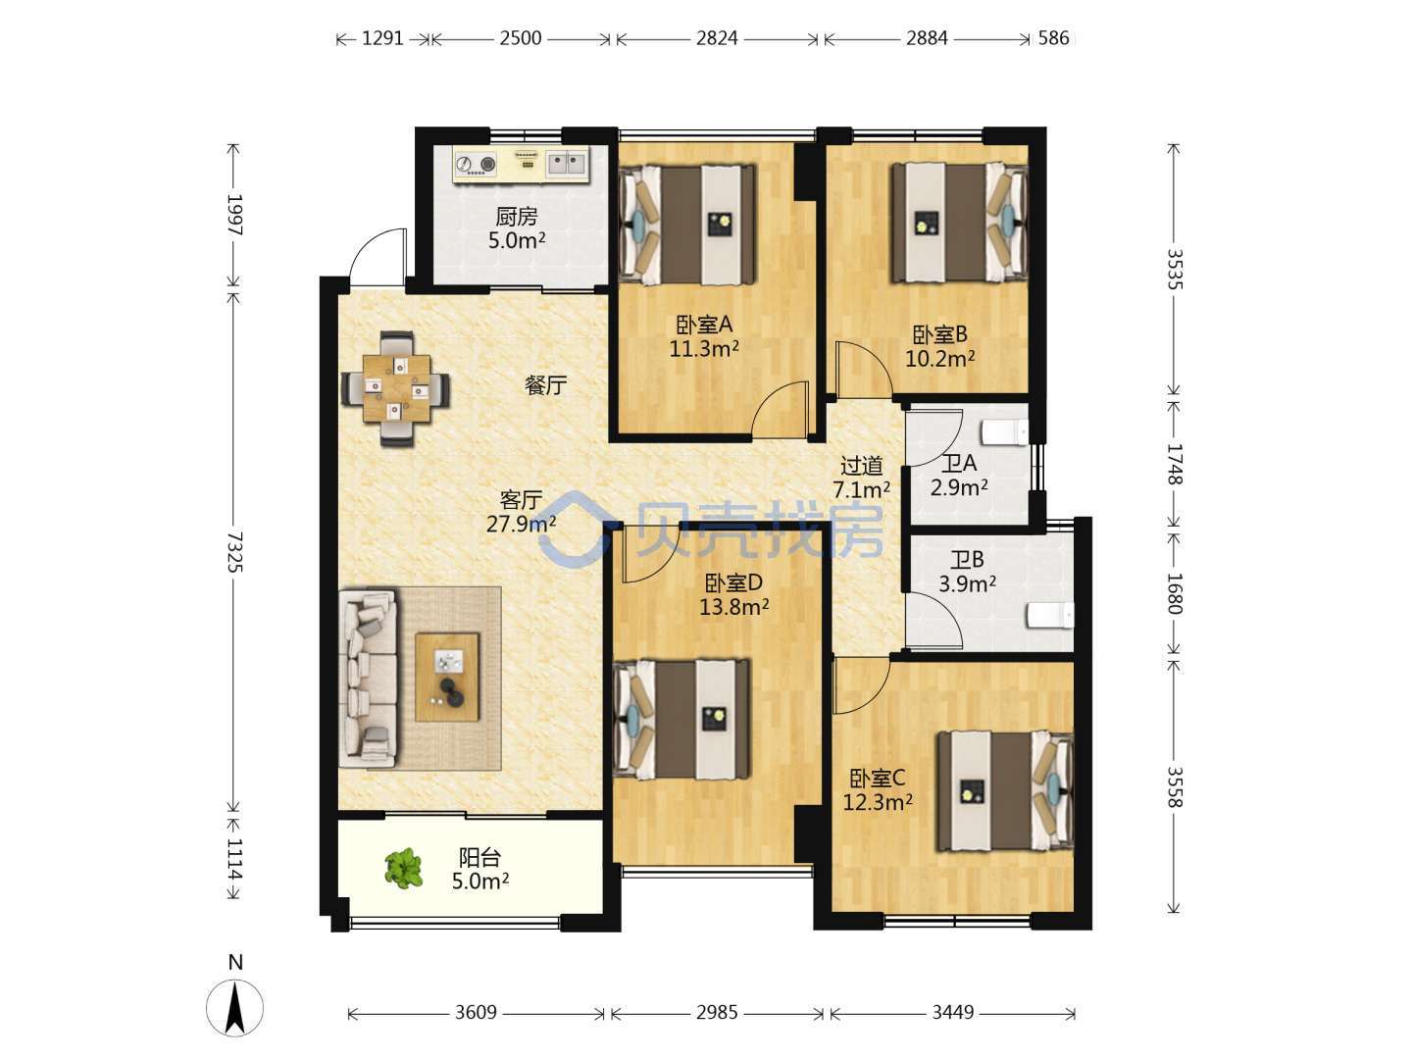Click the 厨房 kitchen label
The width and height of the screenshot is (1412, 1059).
516,217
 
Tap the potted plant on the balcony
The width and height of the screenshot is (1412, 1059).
403,868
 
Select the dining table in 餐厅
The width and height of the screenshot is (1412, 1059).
396,388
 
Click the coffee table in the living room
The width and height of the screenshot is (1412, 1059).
447,677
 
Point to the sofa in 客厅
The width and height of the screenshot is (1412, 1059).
369,679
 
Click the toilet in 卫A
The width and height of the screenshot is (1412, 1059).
1005,432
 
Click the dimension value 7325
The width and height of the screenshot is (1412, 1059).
234,552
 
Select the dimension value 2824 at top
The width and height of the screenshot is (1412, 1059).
717,38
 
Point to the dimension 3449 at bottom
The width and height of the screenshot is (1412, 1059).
953,1013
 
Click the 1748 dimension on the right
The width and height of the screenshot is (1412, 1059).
1175,464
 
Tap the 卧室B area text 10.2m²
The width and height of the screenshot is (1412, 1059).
939,358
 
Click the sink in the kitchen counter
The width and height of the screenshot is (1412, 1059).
566,164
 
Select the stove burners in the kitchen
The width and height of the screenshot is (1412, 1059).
476,165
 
